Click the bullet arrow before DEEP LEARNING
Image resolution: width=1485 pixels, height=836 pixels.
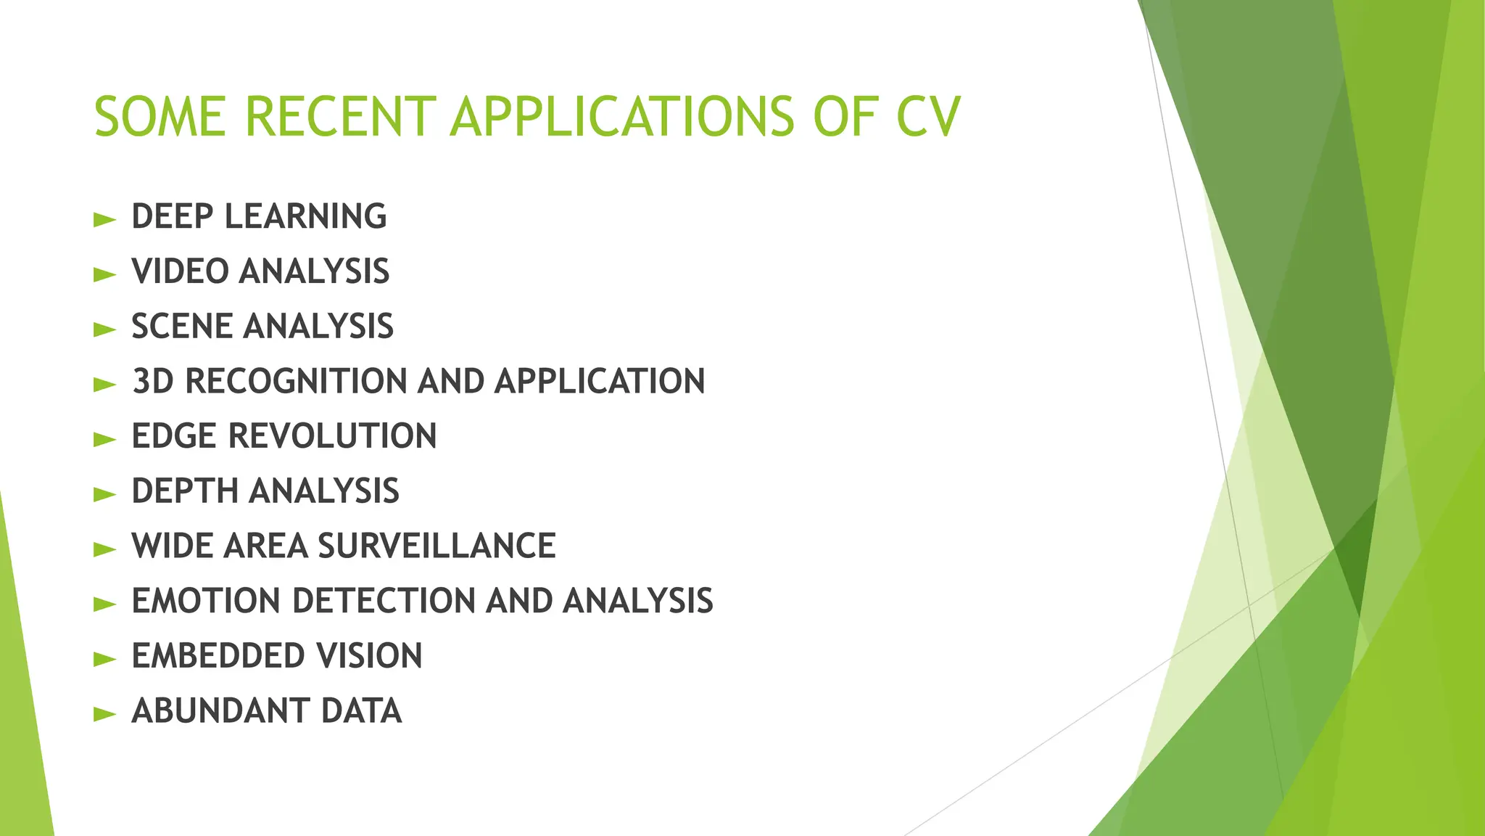[105, 219]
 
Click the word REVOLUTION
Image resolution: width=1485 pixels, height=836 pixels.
[333, 436]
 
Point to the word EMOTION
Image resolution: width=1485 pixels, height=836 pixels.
[206, 601]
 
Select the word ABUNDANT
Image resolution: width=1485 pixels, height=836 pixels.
[220, 711]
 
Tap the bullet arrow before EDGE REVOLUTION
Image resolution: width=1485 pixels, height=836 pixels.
[105, 439]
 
